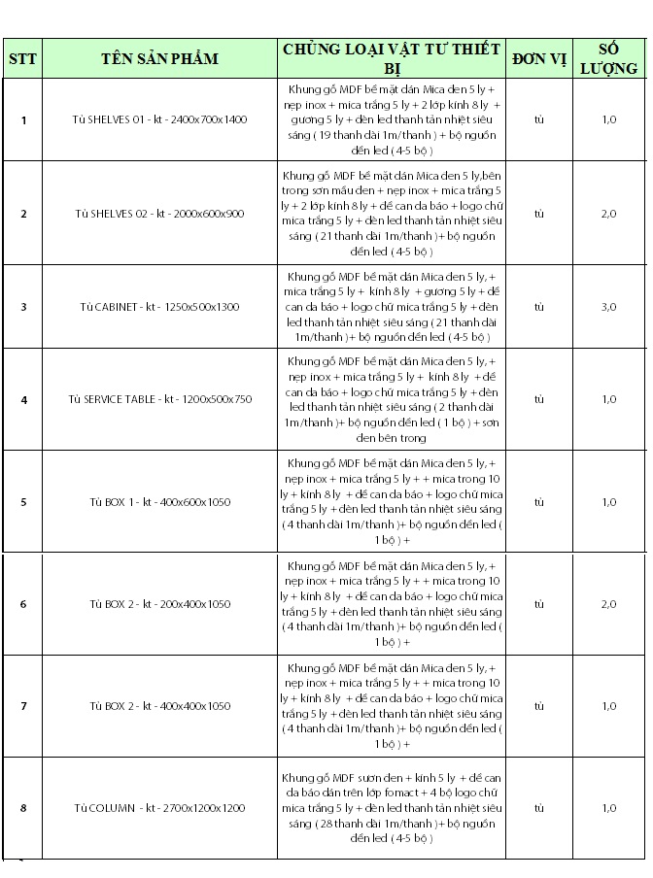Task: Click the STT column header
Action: [x=22, y=58]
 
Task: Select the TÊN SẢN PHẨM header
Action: [x=159, y=58]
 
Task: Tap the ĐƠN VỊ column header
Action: [x=539, y=58]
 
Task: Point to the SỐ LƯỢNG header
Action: [x=609, y=58]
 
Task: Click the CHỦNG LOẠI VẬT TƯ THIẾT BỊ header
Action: [x=392, y=58]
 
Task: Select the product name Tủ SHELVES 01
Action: [x=160, y=119]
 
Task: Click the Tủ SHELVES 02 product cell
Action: [x=160, y=213]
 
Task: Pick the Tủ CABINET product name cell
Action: [x=160, y=307]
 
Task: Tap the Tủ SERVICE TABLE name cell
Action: [x=160, y=399]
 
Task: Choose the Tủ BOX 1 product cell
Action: [x=160, y=502]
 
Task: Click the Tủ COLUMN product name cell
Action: [x=160, y=808]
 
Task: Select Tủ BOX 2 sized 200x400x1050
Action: [x=160, y=604]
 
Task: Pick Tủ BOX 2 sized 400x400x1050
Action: [x=160, y=706]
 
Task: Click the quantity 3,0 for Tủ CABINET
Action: [x=609, y=307]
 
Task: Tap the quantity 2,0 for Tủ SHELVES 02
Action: [x=609, y=213]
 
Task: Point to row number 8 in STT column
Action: [x=23, y=808]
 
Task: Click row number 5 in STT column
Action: [x=23, y=502]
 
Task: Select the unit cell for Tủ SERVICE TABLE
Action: [x=539, y=399]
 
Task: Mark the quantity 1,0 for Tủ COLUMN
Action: [x=609, y=808]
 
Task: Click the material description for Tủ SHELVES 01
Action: [x=394, y=119]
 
